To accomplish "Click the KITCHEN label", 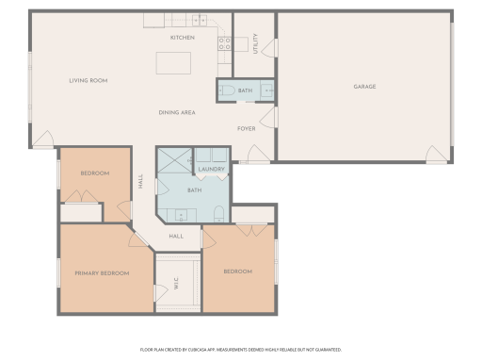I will coord(183,38).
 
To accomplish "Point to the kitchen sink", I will coord(200,19).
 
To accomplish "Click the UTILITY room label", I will coord(256,43).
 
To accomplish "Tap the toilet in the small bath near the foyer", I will coord(229,91).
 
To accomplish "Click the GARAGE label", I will coord(364,87).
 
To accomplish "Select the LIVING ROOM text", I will coord(88,81).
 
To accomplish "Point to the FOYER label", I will coord(246,128).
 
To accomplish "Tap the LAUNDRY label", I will coord(211,170).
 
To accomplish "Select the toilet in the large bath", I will coord(217,211).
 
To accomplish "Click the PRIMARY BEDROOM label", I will coord(103,272).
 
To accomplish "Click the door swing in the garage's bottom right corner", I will coord(436,154).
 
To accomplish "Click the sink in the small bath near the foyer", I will coord(266,90).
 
